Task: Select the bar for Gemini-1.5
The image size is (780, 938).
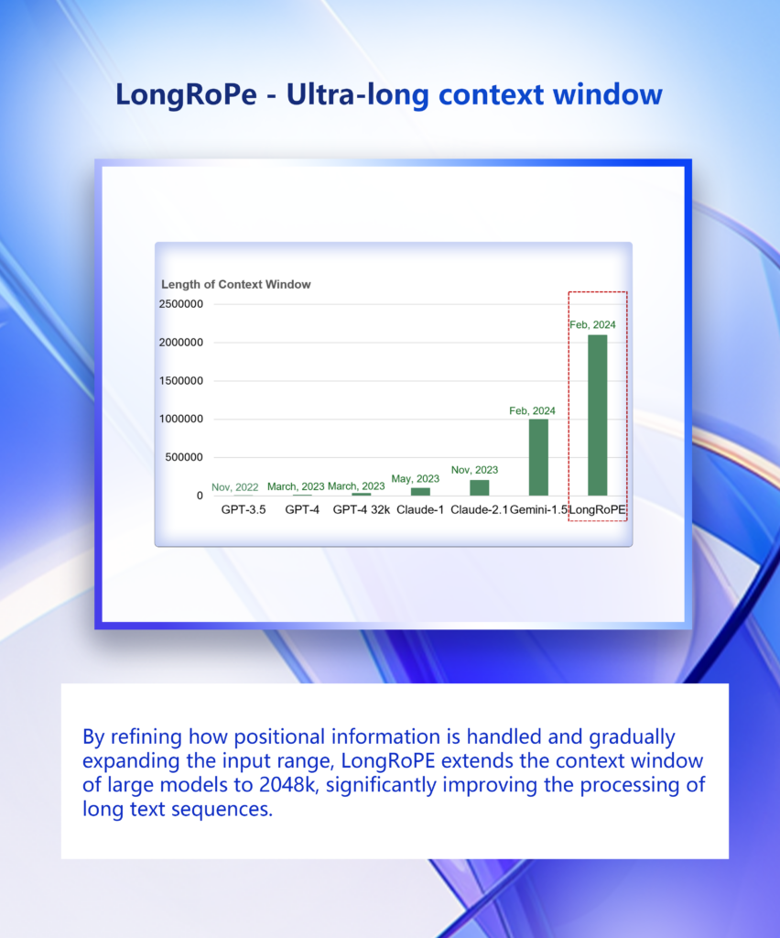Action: (x=538, y=457)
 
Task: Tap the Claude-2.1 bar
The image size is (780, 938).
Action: (x=480, y=487)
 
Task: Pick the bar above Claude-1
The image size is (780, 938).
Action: (x=420, y=491)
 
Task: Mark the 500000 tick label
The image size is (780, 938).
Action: (x=182, y=457)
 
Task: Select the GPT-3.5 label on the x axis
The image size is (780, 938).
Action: (x=244, y=509)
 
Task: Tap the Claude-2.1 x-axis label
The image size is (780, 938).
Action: (x=480, y=509)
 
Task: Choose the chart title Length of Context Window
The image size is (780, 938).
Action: (x=236, y=284)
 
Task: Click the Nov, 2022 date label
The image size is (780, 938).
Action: (x=235, y=487)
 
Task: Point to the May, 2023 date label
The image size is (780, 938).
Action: (x=416, y=478)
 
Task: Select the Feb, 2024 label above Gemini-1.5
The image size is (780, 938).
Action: (x=533, y=410)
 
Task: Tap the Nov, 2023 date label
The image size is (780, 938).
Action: (x=474, y=470)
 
